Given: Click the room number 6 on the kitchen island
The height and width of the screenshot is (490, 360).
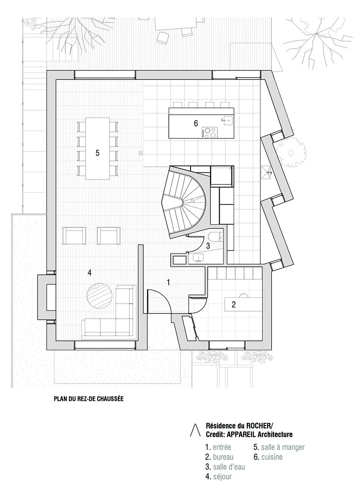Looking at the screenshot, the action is [196, 123].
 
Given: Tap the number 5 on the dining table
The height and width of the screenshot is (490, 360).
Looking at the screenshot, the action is [97, 153].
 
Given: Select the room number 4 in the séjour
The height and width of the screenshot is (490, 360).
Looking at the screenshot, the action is [89, 273].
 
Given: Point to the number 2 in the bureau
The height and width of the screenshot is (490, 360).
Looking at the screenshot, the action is [234, 304].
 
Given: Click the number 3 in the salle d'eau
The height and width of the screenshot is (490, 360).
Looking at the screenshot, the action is [208, 246].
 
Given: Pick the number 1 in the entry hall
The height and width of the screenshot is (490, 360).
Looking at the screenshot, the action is [168, 282].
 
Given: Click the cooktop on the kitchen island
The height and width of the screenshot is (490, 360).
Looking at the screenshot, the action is [210, 133].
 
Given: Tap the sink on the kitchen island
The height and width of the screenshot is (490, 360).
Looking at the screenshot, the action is [228, 120].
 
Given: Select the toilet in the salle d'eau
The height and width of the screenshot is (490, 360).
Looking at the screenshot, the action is [215, 237].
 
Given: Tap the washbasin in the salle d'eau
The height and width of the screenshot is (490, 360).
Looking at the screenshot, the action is [199, 258].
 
